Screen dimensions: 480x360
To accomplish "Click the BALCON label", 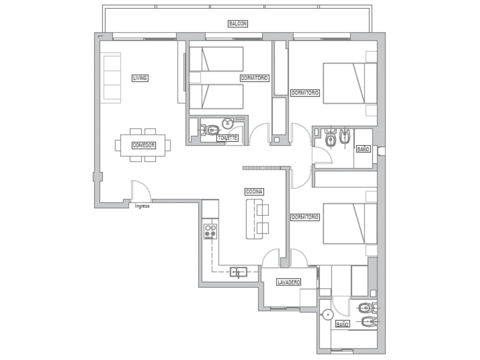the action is (238, 24).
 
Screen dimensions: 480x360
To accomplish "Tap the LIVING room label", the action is (140, 78).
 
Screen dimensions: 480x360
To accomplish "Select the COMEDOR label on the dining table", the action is (144, 145).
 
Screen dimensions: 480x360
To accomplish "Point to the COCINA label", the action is (254, 192).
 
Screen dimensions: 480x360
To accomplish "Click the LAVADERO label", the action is (288, 282).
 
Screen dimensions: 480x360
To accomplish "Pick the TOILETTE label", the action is (227, 138).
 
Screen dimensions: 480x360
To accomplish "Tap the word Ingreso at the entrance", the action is (142, 206).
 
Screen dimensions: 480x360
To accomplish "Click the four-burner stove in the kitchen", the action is (210, 231).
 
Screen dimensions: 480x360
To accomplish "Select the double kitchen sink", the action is (238, 272).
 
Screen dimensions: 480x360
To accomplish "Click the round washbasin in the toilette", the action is (228, 124).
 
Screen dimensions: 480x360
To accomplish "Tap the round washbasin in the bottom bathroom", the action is (328, 314).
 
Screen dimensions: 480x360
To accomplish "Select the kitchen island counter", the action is (254, 219).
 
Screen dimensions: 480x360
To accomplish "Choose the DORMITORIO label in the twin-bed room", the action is (254, 78).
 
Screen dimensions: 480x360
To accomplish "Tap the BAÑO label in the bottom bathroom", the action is (343, 324).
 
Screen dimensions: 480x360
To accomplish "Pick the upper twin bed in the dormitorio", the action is (216, 59).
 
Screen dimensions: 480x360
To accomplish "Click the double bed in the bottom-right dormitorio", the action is (350, 223).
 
